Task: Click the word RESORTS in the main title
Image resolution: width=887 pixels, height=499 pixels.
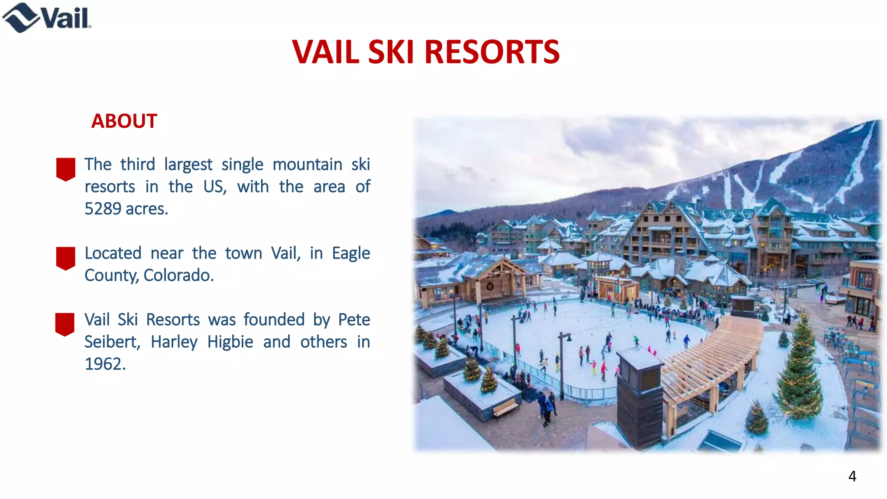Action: [492, 52]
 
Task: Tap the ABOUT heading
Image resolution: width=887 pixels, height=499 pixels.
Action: [124, 121]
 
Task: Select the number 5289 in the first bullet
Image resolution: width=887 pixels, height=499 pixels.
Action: [103, 209]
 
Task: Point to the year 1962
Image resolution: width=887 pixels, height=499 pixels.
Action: [104, 364]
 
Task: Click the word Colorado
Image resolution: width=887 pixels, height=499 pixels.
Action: [178, 275]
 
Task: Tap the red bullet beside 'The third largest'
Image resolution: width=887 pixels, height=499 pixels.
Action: [66, 169]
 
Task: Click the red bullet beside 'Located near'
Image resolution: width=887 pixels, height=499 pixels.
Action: [66, 258]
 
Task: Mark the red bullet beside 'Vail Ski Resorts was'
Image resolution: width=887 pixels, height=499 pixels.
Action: [65, 324]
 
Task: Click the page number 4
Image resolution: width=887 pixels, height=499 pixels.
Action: [852, 476]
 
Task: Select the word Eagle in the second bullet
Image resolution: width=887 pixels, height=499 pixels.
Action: [351, 253]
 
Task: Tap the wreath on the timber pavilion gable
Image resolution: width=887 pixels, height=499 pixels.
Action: [490, 286]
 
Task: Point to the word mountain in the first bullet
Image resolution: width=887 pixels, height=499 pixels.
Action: [307, 165]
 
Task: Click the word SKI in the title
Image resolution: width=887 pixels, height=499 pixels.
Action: [391, 52]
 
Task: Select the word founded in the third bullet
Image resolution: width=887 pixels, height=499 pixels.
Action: [274, 320]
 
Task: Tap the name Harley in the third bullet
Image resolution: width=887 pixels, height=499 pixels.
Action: [174, 342]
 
